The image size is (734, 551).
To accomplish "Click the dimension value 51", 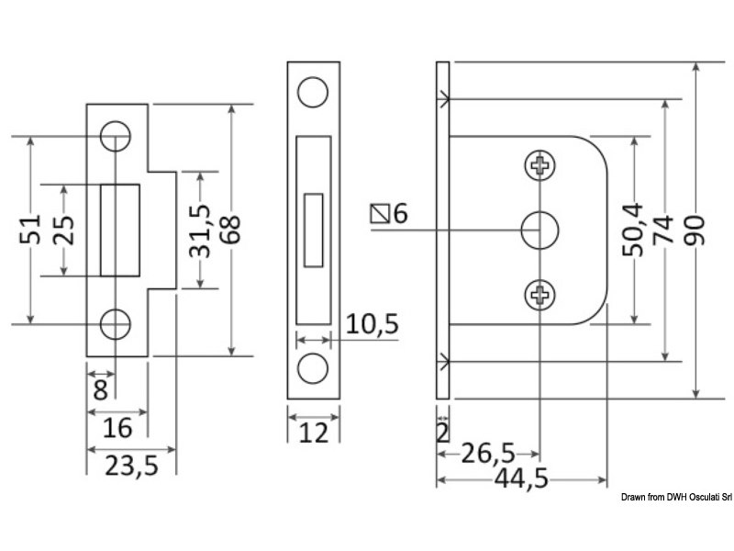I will [29, 231].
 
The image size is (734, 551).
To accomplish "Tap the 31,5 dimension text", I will [199, 231].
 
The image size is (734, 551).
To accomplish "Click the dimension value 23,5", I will [131, 467].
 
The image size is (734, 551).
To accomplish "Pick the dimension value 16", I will [117, 428].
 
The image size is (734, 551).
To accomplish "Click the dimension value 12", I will [314, 433].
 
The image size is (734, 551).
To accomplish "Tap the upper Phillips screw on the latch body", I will [539, 166].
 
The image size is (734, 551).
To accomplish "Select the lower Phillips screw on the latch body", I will [539, 295].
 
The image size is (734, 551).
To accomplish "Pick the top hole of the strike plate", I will [115, 138].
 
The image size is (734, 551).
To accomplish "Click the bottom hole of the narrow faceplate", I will [314, 366].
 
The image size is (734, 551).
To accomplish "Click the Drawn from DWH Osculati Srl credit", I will [674, 498].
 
